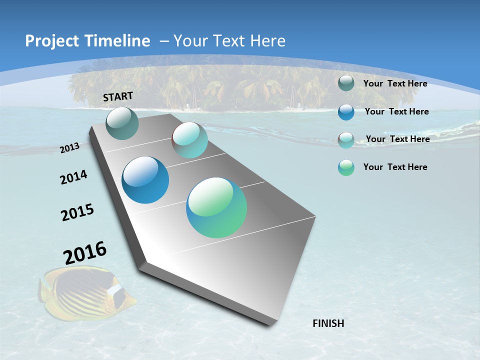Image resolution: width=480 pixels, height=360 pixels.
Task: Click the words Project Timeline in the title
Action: pos(87,41)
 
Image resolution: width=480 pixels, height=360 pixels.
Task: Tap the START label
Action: pos(118,96)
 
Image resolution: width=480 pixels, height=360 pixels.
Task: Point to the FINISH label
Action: pos(328,323)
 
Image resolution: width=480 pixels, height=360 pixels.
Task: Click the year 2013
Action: pos(70,148)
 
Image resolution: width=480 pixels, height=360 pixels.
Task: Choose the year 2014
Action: pos(74,177)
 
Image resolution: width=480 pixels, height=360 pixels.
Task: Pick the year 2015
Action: pos(77,212)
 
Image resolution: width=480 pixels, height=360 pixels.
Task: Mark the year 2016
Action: pos(85,253)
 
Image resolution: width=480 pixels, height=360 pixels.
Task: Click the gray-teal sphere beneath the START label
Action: pos(122,123)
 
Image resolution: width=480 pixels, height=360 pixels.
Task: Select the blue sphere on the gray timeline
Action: pos(145,180)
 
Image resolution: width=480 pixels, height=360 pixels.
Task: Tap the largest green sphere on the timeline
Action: pos(216,207)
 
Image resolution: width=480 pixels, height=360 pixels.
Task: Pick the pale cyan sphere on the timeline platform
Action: pos(190,140)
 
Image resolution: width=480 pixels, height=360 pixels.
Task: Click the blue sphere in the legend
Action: pos(346,112)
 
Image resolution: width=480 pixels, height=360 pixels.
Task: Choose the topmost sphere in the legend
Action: pos(346,83)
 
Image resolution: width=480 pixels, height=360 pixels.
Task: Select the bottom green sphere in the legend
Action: pos(346,167)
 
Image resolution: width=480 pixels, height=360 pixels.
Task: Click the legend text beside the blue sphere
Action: pos(396,111)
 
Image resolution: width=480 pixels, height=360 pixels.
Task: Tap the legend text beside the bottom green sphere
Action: pos(395,167)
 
